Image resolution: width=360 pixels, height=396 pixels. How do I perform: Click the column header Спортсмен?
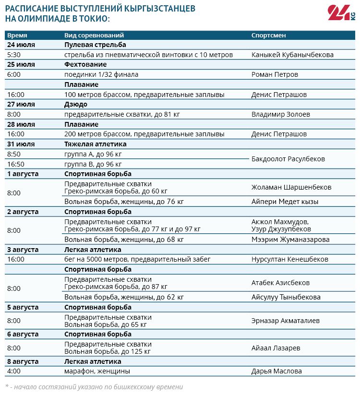(268, 36)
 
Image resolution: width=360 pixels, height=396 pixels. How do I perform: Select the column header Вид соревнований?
(94, 36)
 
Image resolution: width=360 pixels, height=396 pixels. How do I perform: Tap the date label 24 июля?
(21, 45)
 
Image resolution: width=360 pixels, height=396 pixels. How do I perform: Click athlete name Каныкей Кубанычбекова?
(292, 55)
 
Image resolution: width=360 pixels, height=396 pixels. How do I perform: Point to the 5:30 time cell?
(14, 55)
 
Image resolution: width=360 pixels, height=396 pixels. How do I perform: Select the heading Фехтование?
(85, 64)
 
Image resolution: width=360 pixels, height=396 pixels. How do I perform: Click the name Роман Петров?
(275, 74)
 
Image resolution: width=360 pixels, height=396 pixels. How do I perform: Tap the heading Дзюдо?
(76, 104)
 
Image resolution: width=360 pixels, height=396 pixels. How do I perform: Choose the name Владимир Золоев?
(281, 114)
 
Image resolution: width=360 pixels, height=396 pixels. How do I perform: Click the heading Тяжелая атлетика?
(96, 144)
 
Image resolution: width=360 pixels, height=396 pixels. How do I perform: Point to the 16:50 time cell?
(16, 164)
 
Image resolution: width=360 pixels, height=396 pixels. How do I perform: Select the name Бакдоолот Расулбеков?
(288, 159)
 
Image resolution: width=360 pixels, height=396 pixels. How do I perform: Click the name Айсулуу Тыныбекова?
(286, 297)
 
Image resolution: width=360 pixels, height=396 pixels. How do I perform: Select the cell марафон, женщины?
(97, 371)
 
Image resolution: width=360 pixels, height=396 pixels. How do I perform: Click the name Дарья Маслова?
(276, 371)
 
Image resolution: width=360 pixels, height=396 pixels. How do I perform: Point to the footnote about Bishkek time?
(94, 386)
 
